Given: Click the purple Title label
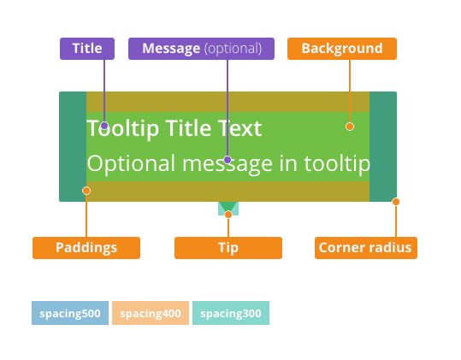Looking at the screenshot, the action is click(87, 49).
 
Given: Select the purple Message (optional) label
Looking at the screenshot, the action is click(201, 49).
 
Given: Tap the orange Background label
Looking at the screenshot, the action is click(342, 49).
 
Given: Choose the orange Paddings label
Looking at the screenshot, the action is click(86, 248).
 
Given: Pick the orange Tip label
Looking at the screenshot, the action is click(228, 248).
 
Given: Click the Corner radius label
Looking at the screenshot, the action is click(366, 248).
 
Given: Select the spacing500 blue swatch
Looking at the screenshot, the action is click(70, 313).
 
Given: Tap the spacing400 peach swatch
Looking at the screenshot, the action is click(151, 313).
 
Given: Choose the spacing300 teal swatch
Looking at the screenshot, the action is click(231, 313).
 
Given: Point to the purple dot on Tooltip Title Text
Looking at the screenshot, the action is click(104, 126).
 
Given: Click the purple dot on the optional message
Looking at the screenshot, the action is click(228, 160).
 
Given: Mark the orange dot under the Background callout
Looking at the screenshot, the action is click(350, 127).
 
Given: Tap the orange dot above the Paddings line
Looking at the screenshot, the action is click(86, 191).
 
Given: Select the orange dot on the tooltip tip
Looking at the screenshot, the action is click(228, 215).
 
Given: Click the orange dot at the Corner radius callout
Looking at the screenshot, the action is click(396, 202).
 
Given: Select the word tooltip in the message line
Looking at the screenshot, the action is click(337, 164).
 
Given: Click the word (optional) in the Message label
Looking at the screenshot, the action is click(233, 49).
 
